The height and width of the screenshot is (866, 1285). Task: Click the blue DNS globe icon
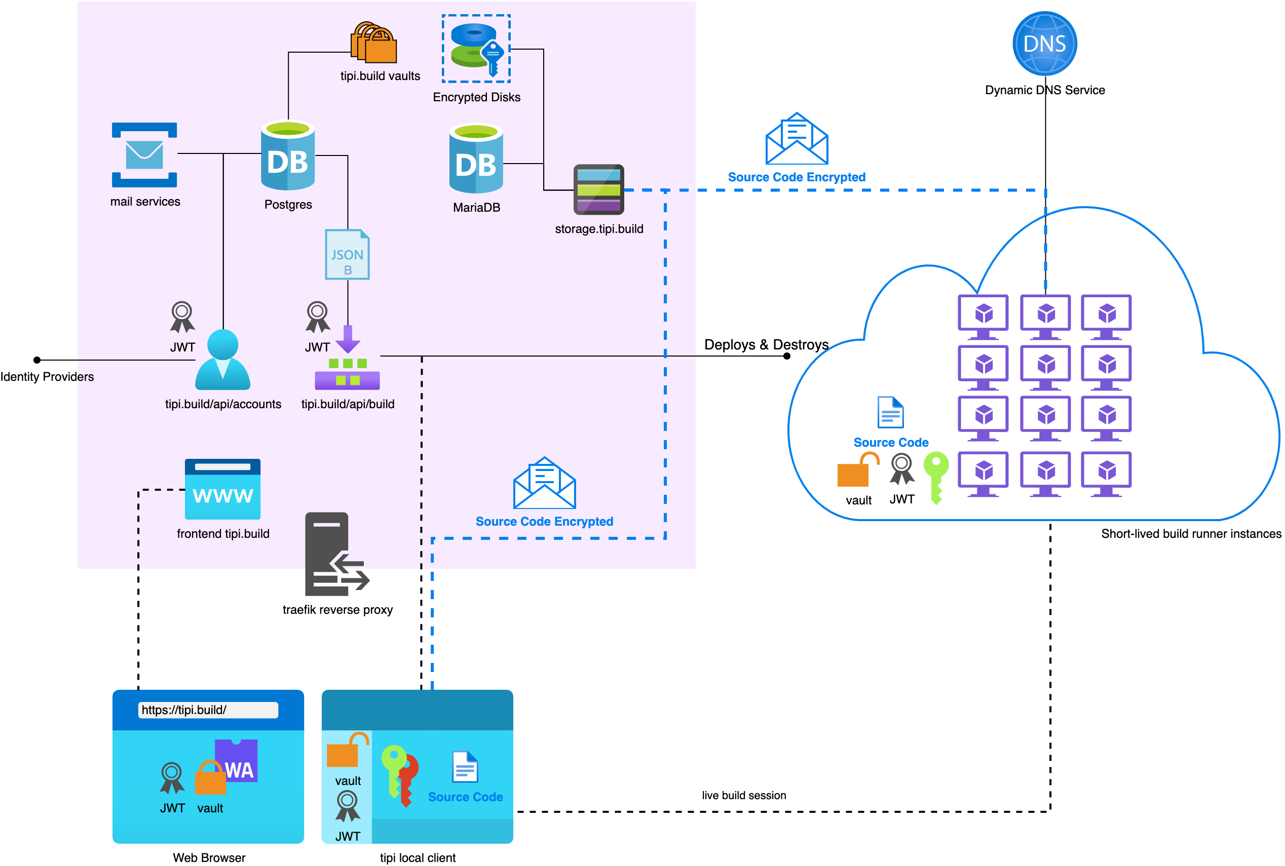(x=1044, y=44)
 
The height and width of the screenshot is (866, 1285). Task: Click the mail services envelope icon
(x=144, y=154)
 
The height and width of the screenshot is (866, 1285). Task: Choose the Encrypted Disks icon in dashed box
(x=476, y=49)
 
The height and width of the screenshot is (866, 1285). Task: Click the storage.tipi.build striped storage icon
(x=598, y=189)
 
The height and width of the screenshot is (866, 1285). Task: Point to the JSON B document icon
(x=347, y=255)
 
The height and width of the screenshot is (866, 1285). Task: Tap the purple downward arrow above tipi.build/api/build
(x=348, y=339)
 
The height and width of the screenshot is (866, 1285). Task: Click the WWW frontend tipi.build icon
(x=222, y=489)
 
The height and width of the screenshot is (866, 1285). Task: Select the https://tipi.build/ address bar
(x=208, y=710)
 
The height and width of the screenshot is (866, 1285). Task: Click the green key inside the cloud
(x=936, y=476)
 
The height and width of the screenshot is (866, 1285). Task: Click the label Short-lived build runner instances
(x=1191, y=533)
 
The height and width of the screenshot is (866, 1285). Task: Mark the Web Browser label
(x=209, y=858)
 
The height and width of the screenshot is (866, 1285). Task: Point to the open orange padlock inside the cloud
(x=856, y=470)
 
